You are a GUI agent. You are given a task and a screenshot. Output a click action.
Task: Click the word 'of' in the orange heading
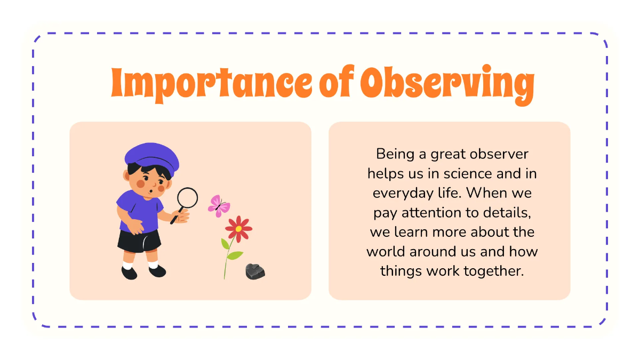pos(337,82)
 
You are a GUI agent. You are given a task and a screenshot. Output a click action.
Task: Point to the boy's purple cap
pos(152,158)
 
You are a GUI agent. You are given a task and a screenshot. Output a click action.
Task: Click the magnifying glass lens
pos(187,198)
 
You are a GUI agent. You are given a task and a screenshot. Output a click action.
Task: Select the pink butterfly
pos(219,206)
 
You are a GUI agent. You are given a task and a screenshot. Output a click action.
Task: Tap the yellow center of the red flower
pos(238,229)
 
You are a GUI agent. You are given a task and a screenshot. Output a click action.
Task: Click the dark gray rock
pos(255,271)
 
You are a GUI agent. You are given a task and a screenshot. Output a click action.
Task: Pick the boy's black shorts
pos(139,241)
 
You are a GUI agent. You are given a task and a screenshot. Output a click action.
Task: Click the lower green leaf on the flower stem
pos(235,255)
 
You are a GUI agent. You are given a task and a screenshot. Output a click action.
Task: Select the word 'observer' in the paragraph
pos(499,154)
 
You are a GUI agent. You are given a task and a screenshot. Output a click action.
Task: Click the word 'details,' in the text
pos(507,213)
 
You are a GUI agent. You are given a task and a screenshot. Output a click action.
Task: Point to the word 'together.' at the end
pos(494,271)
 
